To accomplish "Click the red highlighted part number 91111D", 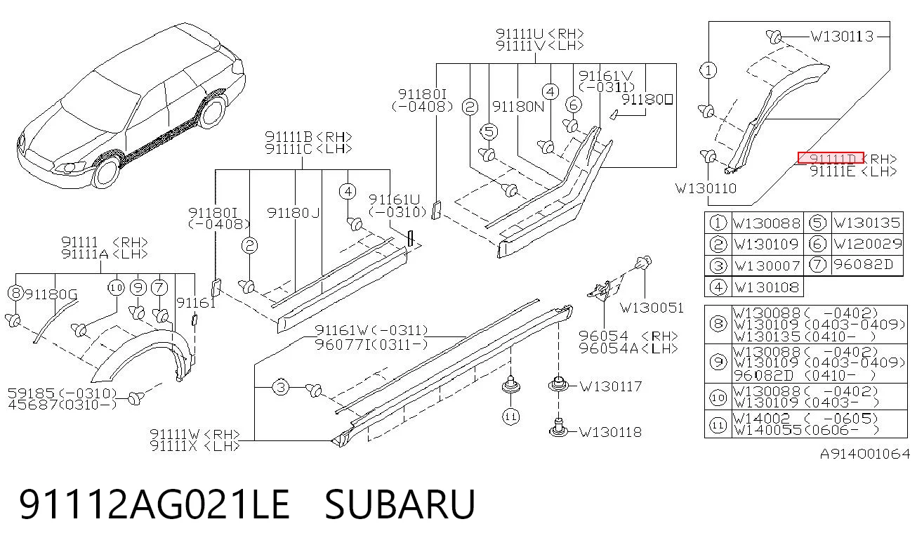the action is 831,158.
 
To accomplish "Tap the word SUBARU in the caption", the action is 400,504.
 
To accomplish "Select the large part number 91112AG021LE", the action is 154,504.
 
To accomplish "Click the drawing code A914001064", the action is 864,454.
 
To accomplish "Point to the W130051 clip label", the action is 652,308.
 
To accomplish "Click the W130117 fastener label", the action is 611,386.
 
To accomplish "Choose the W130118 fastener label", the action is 611,432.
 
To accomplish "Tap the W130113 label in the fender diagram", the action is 842,37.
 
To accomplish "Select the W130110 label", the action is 706,188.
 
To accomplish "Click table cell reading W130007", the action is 767,266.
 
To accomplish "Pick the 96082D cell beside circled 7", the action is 863,265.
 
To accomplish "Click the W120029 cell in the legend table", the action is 868,244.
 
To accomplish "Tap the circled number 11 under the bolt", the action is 510,417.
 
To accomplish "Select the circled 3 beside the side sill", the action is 281,387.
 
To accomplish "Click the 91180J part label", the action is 293,213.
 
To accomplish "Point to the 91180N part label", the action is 518,107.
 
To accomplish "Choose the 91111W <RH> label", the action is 195,433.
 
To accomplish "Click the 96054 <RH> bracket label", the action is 629,336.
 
